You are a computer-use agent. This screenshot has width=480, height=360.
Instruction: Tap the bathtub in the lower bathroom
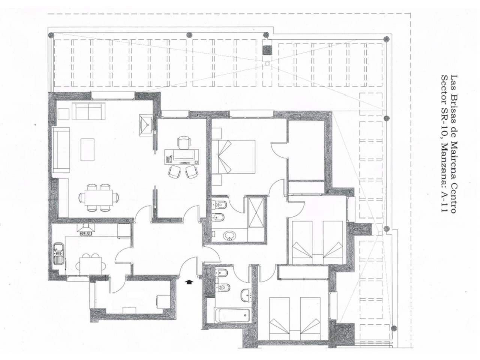(232, 315)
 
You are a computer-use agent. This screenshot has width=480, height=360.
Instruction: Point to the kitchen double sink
(58, 253)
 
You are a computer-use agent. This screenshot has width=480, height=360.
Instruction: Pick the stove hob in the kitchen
(85, 233)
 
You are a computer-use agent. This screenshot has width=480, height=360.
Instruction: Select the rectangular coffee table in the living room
(88, 149)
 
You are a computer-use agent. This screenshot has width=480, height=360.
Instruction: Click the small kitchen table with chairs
(91, 264)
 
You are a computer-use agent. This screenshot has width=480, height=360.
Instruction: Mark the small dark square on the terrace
(267, 50)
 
